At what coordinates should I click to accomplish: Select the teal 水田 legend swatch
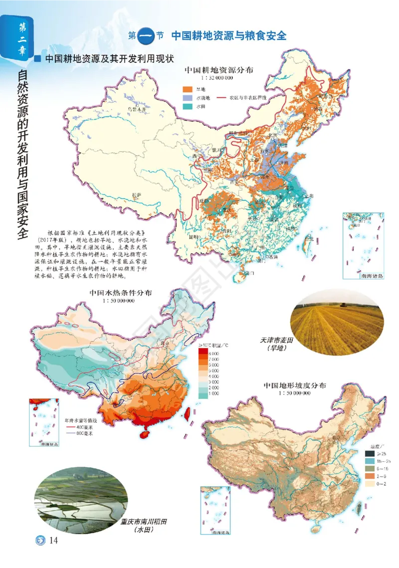(188, 107)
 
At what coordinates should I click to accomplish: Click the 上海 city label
(309, 196)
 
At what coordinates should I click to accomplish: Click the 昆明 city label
(187, 237)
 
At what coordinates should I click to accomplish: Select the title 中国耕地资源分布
(219, 70)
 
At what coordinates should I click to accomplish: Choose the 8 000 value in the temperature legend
(213, 352)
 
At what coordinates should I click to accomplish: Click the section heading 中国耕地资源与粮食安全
(229, 36)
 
